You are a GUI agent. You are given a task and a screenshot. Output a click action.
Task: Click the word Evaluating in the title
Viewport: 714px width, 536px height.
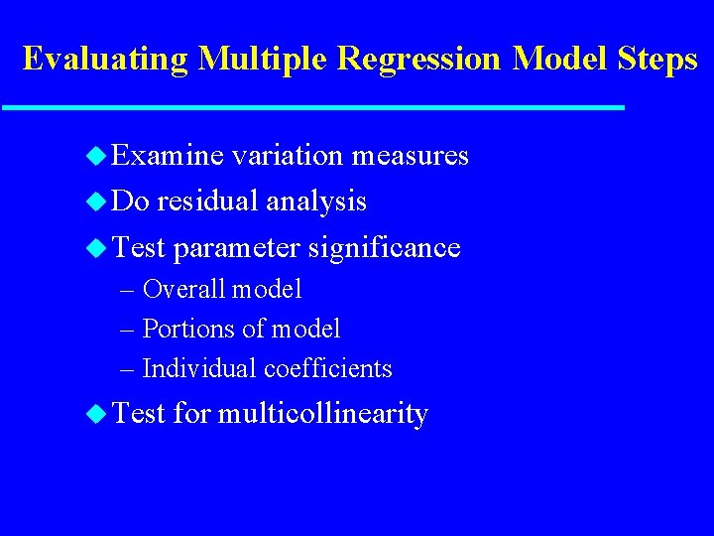tap(105, 60)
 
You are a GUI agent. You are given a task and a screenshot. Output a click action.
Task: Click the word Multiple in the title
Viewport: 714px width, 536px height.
tap(263, 60)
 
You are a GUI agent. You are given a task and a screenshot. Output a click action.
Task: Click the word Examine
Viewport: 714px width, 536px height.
tap(168, 156)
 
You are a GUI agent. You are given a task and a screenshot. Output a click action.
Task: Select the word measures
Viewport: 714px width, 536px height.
tap(411, 156)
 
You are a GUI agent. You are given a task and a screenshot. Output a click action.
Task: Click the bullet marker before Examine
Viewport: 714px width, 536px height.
tap(96, 156)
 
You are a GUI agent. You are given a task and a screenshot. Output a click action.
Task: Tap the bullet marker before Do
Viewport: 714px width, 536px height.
tap(96, 201)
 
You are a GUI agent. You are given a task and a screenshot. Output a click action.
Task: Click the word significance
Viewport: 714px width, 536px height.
tap(384, 247)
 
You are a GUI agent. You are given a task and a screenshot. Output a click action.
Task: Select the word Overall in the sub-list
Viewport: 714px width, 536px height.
tap(182, 289)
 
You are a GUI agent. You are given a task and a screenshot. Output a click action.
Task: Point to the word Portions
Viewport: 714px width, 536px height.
tap(183, 329)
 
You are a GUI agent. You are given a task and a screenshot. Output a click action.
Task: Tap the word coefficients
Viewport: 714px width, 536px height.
tap(328, 368)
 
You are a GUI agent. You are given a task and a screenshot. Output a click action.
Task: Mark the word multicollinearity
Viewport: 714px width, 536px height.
tap(322, 413)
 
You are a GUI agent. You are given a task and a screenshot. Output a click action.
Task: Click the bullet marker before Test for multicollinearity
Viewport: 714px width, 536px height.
tap(96, 413)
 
